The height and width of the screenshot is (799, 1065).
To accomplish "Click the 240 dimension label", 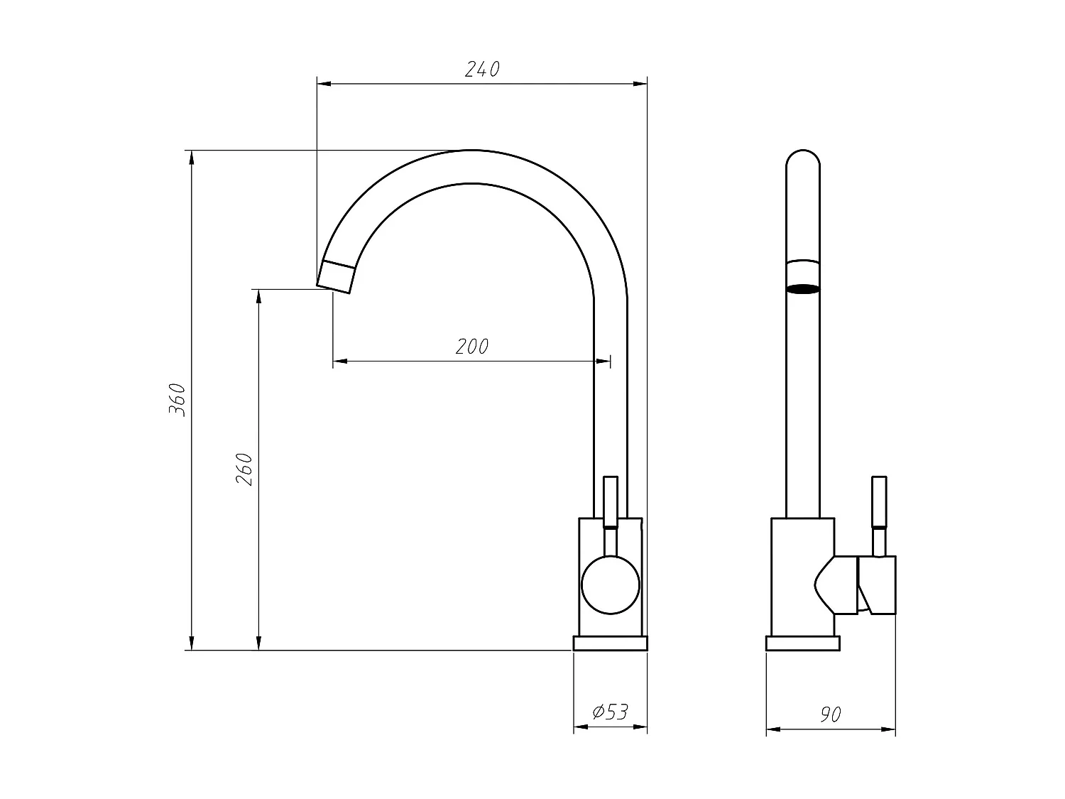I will (x=482, y=70).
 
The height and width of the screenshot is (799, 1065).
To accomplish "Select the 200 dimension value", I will (x=472, y=347).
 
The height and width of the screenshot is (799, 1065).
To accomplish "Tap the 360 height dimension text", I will (x=177, y=399).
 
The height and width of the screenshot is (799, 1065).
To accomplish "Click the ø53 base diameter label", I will (x=610, y=712).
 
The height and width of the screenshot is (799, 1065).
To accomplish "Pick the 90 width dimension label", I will (x=830, y=714).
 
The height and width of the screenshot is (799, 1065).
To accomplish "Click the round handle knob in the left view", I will (x=610, y=585).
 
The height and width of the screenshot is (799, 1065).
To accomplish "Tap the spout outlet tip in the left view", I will (x=335, y=276).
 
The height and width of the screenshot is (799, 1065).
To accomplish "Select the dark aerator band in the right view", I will (x=803, y=289).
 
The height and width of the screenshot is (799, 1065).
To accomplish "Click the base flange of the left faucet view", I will (x=610, y=643).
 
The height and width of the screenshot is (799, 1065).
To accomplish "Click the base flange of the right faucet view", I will (x=802, y=643).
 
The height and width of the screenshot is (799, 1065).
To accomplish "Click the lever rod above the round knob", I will (x=611, y=501).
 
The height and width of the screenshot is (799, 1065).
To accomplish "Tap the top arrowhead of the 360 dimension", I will (x=191, y=158).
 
